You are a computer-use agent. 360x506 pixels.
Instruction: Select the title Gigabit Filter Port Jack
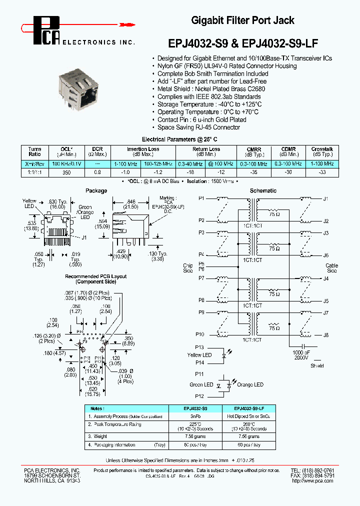coord(243,20)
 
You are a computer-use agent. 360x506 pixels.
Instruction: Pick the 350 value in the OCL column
coord(66,172)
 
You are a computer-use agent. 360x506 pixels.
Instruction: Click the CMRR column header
coord(254,151)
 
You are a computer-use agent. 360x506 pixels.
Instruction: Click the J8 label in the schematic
coord(325,335)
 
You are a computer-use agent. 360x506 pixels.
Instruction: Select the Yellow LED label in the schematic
coord(199,355)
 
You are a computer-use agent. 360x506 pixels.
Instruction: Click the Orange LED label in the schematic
coord(249,384)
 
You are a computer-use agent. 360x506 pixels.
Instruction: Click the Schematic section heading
coord(263,190)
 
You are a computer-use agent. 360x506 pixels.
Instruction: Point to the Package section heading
coord(96,190)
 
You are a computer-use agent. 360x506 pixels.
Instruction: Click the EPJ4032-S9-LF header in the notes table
coord(248,408)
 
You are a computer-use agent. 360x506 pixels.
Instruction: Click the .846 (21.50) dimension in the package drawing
coord(131,201)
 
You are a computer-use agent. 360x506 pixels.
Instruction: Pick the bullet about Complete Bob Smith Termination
coord(212,73)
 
